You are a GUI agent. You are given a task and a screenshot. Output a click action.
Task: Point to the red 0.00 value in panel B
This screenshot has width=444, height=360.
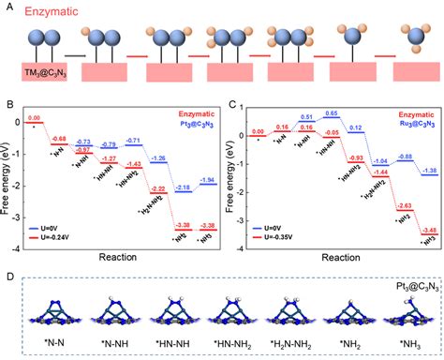35,118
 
